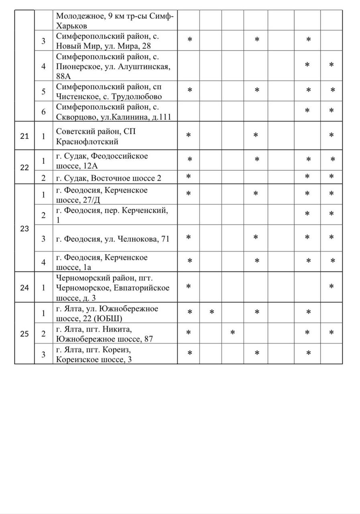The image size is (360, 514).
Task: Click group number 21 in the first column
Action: coord(24,136)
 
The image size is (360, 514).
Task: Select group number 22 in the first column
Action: coord(24,167)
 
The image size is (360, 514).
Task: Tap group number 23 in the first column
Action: coord(24,229)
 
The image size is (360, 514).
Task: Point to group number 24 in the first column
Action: coord(24,288)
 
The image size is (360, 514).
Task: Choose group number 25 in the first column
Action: coord(24,334)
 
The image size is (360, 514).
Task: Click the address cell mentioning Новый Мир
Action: coord(108,41)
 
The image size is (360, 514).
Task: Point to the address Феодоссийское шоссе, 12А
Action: coord(102,161)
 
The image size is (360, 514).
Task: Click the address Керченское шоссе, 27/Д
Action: coord(102,195)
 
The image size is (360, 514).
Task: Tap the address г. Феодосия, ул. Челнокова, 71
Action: coord(113,239)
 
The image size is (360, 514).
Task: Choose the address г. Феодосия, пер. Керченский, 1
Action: coord(112,215)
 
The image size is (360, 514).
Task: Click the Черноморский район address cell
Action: coord(113,288)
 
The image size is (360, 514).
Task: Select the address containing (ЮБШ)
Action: coord(107,313)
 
